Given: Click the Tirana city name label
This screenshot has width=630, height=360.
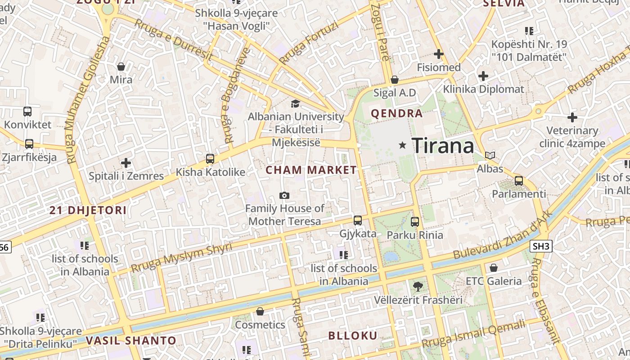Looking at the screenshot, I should (x=443, y=146).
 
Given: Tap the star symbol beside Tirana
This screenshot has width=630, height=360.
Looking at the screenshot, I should (x=403, y=145).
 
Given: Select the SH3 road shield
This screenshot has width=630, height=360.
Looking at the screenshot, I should (x=541, y=246).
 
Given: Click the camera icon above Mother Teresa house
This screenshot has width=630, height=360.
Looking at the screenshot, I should (x=284, y=195).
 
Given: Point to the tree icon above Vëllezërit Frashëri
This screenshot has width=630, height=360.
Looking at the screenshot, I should (x=418, y=286).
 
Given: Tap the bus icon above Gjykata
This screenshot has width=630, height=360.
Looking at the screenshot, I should (x=358, y=220).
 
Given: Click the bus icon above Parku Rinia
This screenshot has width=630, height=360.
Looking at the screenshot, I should (x=415, y=221).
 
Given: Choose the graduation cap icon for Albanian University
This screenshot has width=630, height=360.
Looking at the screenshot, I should (x=295, y=103).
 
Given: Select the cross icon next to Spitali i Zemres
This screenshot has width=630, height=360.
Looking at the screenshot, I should (x=126, y=162).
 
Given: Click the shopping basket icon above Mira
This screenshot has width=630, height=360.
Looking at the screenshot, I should (x=121, y=67).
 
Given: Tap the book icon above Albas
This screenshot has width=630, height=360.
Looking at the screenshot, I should (x=490, y=156).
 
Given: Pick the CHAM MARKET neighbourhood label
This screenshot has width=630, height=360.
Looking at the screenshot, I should (x=311, y=170).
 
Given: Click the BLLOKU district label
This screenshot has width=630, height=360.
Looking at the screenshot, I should (x=352, y=336).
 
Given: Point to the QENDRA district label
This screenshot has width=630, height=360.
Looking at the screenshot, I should (x=396, y=113).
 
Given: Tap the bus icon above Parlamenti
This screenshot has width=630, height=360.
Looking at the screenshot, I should (x=519, y=181).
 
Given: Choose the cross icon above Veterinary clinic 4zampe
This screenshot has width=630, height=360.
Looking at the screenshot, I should (x=572, y=118).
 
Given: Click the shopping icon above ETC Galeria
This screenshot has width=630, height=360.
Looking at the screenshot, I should (x=494, y=268).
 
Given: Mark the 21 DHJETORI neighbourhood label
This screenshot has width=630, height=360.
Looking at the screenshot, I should (x=88, y=210).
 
